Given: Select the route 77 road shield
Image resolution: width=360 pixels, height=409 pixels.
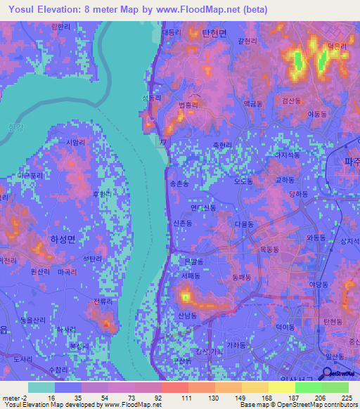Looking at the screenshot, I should (163, 142).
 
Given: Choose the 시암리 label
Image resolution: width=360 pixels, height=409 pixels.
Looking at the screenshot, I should (75, 141).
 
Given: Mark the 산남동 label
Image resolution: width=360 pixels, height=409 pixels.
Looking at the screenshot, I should (186, 316).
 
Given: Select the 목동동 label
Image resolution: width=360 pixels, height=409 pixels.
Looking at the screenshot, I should (270, 249).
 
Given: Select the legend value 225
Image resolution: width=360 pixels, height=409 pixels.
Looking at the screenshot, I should (346, 398).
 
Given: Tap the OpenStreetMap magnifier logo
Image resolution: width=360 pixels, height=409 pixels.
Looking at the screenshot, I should (324, 375).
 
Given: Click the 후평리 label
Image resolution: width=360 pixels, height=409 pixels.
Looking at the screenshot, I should (103, 193).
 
